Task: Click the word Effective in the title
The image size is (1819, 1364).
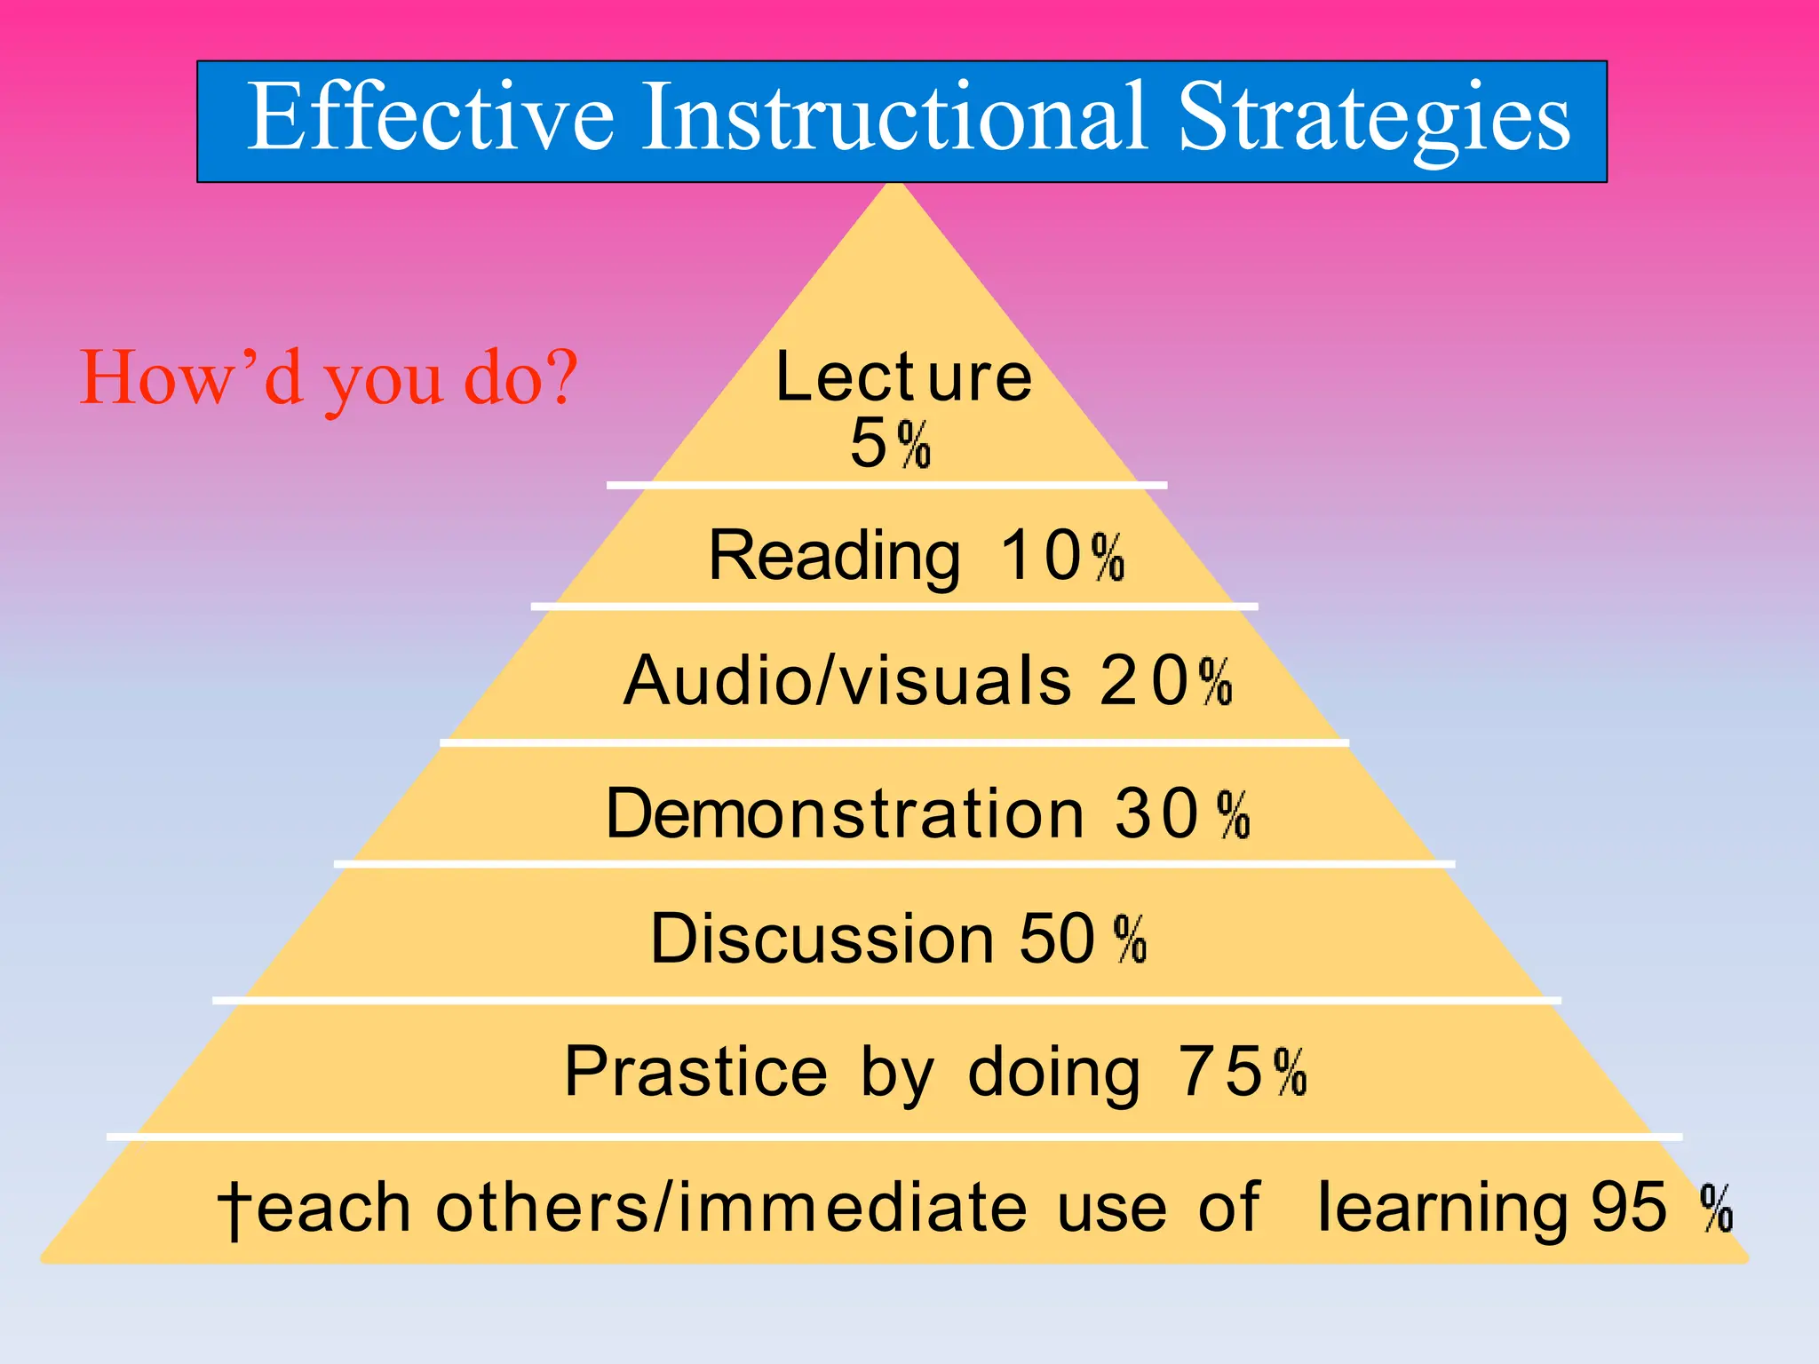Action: click(430, 117)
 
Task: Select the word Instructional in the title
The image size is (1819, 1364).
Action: click(894, 117)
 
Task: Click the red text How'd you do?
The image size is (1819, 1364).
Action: click(329, 378)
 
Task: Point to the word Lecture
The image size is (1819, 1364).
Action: click(903, 377)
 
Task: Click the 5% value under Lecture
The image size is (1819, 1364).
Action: click(890, 443)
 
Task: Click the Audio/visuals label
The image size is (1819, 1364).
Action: click(847, 681)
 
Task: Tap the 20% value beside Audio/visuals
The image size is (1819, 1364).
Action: click(1166, 681)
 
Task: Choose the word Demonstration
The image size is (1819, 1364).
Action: click(845, 813)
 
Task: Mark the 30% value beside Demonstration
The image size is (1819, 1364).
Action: click(1182, 813)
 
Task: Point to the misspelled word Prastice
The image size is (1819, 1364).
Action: click(695, 1072)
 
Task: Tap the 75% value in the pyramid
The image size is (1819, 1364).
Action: click(1242, 1072)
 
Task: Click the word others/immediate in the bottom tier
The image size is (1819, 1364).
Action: click(731, 1208)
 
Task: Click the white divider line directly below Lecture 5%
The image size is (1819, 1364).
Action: click(886, 486)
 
